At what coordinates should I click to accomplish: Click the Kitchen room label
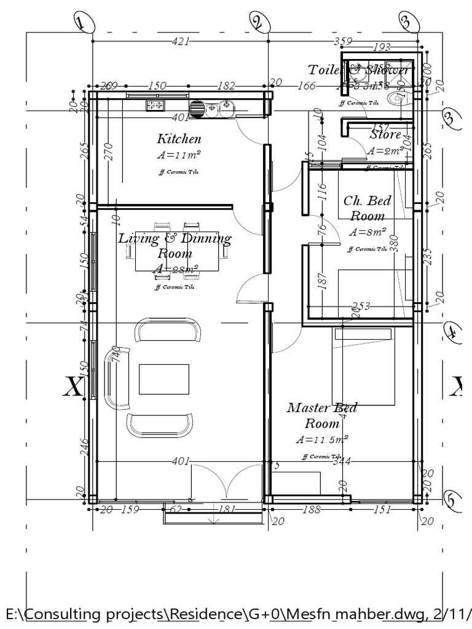point(179,139)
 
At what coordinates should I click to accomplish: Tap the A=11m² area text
point(179,155)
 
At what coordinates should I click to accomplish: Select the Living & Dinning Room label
point(175,245)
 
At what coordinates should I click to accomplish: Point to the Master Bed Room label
point(322,416)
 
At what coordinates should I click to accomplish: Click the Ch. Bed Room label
point(368,208)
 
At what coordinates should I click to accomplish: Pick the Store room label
point(385,135)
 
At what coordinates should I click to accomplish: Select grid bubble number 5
point(451,501)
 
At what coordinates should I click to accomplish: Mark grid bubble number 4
point(452,332)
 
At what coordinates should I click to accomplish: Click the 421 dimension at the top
point(181,41)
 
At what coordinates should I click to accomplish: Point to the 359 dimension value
point(343,41)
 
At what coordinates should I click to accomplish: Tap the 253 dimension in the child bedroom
point(362,307)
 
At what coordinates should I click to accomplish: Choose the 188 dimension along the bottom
point(312,509)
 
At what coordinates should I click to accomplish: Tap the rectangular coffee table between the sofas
point(164,379)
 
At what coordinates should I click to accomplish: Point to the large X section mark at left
point(74,387)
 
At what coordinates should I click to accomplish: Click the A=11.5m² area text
point(322,440)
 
